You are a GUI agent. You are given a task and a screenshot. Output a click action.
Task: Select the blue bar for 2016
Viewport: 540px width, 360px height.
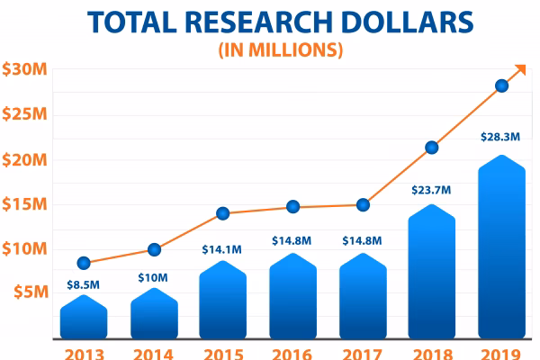coord(293,297)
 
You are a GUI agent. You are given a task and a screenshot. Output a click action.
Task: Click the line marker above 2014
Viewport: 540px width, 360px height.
coord(154,249)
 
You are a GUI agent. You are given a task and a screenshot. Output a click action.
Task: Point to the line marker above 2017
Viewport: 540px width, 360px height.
coord(363,204)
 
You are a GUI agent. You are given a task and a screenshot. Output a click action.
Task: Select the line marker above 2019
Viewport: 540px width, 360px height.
coord(501,86)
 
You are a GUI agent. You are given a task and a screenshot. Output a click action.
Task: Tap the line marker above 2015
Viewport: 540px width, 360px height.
coord(223,213)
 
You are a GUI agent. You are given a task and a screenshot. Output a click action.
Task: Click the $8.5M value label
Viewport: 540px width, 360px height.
coord(84,285)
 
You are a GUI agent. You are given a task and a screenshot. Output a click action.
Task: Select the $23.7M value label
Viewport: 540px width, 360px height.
coord(432,190)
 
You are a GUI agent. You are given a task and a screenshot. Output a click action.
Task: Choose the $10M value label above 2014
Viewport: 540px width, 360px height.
coord(154,276)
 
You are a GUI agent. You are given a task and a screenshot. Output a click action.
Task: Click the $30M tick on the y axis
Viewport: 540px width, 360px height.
coord(22,69)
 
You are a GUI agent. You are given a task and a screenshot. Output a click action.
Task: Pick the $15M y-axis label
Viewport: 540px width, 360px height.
coord(22,203)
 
